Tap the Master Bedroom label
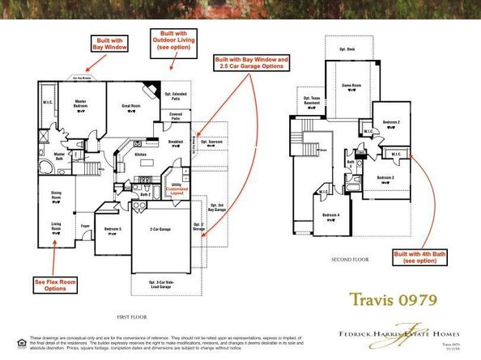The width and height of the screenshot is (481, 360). click(x=81, y=103)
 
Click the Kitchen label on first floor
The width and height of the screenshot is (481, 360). click(x=140, y=154)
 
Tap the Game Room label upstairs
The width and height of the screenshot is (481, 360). click(x=350, y=85)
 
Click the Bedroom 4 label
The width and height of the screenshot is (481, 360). click(x=330, y=215)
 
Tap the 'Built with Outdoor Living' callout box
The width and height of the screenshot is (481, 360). click(x=171, y=40)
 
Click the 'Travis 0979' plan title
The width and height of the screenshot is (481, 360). click(x=394, y=299)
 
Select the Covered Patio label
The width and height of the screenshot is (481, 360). click(x=176, y=116)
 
